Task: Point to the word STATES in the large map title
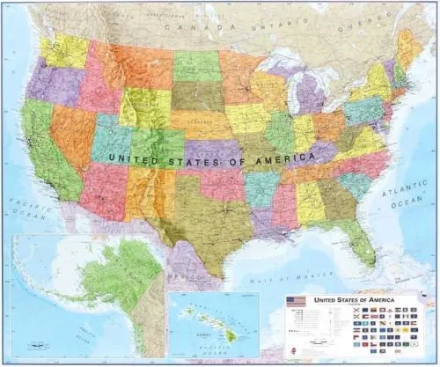(200, 159)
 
